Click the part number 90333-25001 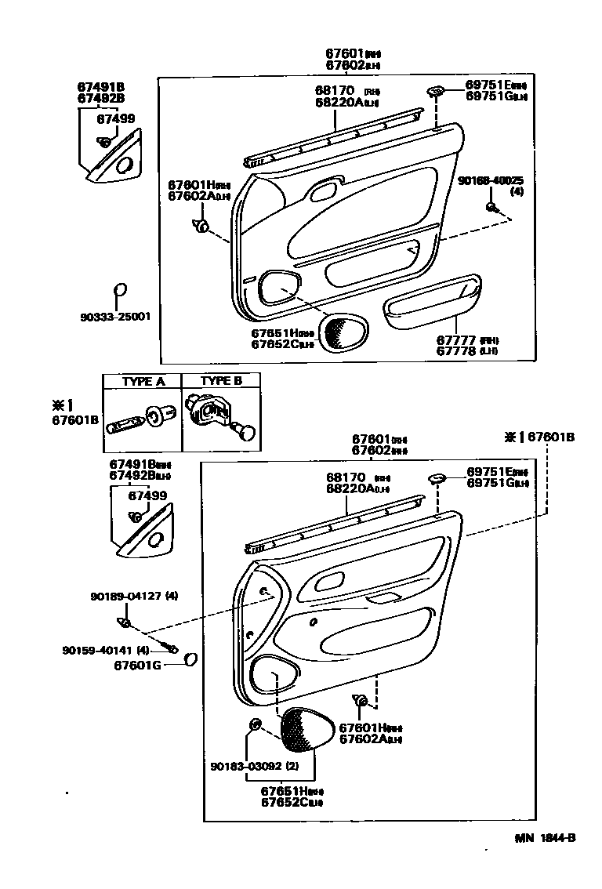click(114, 317)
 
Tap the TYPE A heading click(143, 381)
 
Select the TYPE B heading click(221, 381)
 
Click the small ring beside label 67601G click(190, 660)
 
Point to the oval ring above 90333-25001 click(119, 291)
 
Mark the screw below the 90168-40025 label click(491, 207)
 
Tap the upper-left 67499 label click(115, 119)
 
